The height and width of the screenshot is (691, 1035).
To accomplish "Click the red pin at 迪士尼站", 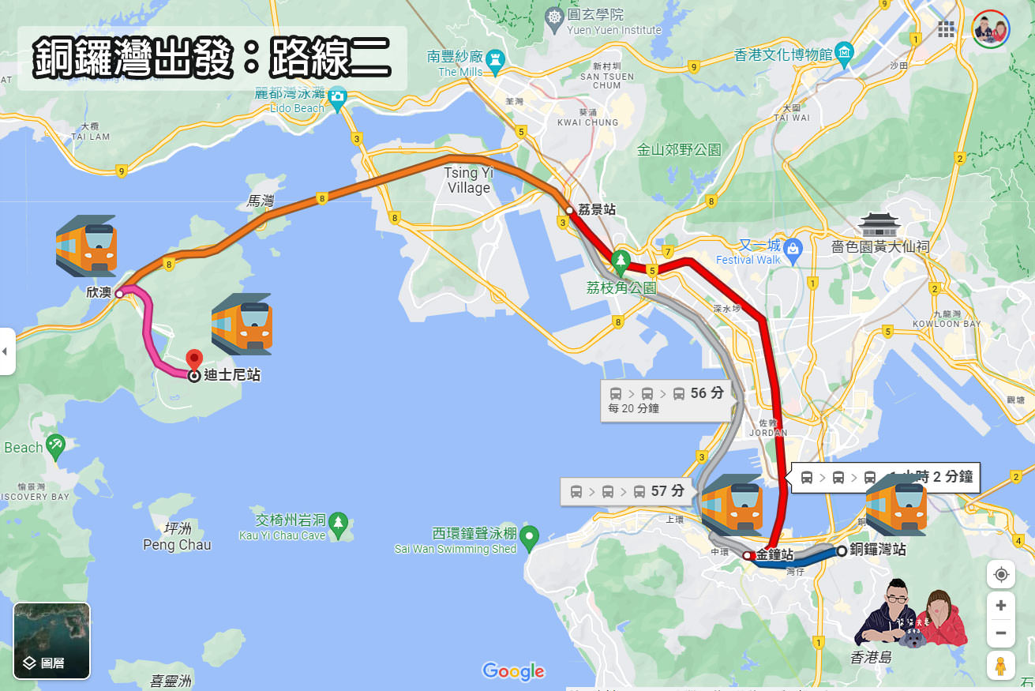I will [194, 360].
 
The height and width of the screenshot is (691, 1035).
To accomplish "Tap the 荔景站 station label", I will [597, 209].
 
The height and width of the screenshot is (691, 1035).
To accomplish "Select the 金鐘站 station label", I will [774, 554].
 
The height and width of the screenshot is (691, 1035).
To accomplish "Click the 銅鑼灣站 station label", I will [877, 550].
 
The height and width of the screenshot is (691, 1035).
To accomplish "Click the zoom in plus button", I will [1000, 606].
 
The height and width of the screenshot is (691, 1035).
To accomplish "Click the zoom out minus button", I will [1000, 633].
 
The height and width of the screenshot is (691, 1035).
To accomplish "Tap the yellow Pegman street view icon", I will [1000, 666].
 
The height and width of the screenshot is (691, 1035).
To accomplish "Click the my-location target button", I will [1001, 574].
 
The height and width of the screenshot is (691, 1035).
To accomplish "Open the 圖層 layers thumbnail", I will [51, 640].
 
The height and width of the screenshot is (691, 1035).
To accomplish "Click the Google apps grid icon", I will [946, 29].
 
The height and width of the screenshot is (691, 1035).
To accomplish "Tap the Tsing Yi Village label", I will [468, 180].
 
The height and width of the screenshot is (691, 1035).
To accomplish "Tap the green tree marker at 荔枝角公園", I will [621, 260].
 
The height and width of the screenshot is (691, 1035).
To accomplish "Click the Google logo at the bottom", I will [514, 671].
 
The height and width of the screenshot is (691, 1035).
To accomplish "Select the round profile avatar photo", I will [990, 30].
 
